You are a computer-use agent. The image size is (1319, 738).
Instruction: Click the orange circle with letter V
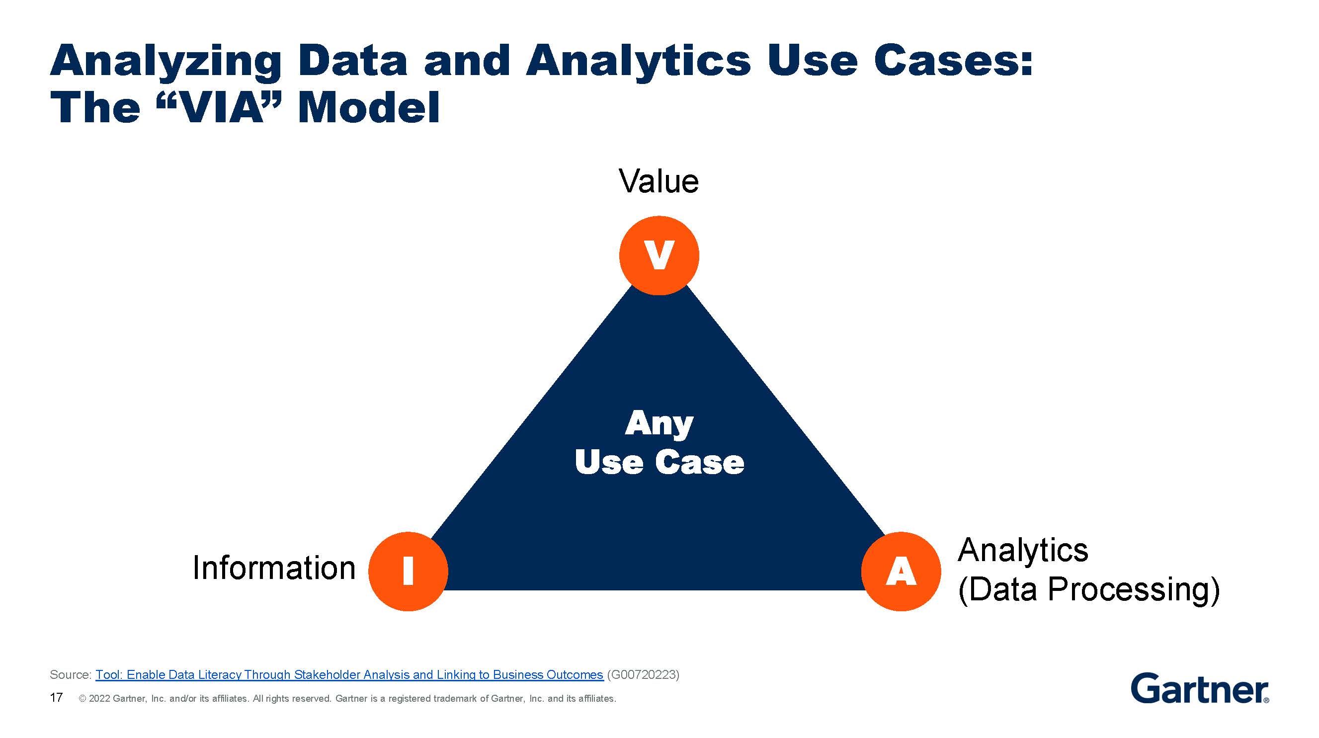[659, 255]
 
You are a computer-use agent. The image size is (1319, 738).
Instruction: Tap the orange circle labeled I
[408, 571]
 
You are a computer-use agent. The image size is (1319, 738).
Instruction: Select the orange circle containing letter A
[901, 571]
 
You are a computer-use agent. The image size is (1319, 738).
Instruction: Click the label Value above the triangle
[659, 181]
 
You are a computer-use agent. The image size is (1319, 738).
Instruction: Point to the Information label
[274, 568]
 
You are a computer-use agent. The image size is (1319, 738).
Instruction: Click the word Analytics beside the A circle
[1022, 551]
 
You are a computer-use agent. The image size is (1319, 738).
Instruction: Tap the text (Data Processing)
[1088, 589]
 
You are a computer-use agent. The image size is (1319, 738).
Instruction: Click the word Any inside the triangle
[659, 424]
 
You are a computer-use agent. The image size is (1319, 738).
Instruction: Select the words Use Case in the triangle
[659, 462]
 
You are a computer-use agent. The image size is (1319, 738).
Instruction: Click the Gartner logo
[1199, 689]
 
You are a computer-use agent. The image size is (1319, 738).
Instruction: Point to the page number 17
[56, 698]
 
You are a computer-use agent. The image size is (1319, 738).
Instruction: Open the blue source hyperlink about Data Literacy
[349, 674]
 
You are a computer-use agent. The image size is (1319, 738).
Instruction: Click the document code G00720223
[643, 674]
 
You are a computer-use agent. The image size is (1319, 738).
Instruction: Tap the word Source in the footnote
[70, 674]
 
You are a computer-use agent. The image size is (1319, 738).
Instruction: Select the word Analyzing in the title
[165, 62]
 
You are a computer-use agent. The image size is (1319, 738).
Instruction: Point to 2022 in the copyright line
[99, 699]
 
